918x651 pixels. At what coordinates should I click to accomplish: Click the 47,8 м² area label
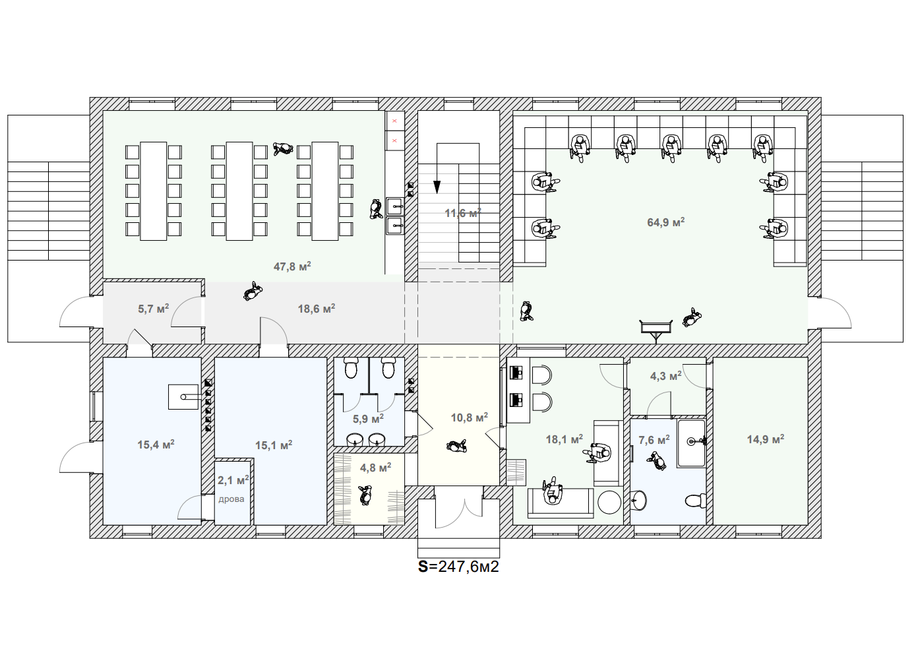pyautogui.click(x=292, y=266)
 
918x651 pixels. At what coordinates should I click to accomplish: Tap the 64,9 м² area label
pyautogui.click(x=666, y=222)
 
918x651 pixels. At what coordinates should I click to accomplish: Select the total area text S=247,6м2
pyautogui.click(x=458, y=567)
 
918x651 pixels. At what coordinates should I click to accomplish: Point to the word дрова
pyautogui.click(x=231, y=499)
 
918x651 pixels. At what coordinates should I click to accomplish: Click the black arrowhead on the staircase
pyautogui.click(x=437, y=187)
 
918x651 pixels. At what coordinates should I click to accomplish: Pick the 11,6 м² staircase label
pyautogui.click(x=463, y=213)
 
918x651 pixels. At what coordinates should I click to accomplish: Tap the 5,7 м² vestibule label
pyautogui.click(x=153, y=309)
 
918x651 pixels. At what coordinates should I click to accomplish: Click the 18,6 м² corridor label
pyautogui.click(x=317, y=308)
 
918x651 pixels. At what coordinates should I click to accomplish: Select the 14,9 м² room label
pyautogui.click(x=766, y=439)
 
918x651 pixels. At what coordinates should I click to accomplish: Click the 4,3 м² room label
pyautogui.click(x=666, y=376)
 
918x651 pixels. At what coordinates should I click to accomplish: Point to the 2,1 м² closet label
pyautogui.click(x=233, y=480)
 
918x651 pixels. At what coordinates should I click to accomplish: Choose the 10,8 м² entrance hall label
pyautogui.click(x=470, y=418)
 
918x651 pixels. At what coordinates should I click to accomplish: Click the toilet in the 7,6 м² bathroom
pyautogui.click(x=696, y=500)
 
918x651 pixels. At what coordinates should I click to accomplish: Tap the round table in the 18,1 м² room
pyautogui.click(x=609, y=502)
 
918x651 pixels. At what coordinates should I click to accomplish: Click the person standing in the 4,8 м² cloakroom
pyautogui.click(x=364, y=495)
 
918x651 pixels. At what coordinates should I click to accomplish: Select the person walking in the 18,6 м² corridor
pyautogui.click(x=252, y=292)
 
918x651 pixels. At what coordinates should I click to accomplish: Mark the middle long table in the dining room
pyautogui.click(x=239, y=191)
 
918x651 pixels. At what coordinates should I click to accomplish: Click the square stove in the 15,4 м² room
pyautogui.click(x=183, y=396)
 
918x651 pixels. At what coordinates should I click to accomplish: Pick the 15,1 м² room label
pyautogui.click(x=274, y=445)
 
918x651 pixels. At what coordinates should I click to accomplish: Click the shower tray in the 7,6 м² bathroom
pyautogui.click(x=691, y=443)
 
